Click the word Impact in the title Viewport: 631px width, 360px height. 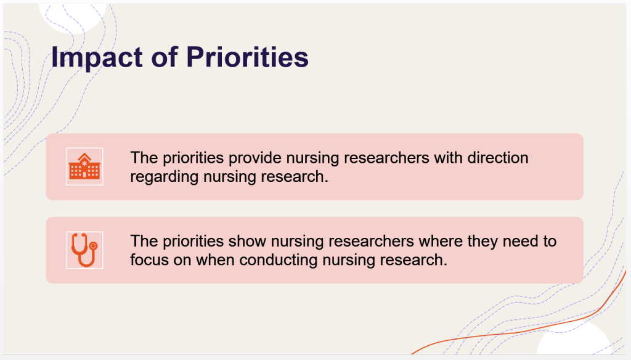[x=97, y=57]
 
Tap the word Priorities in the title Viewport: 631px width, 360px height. [x=248, y=57]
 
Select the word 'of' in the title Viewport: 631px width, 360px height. [x=165, y=57]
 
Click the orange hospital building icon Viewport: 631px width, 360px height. [x=84, y=166]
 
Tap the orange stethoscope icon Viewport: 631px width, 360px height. [x=84, y=250]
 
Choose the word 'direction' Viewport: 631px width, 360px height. [x=498, y=157]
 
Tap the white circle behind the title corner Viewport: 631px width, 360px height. [x=73, y=18]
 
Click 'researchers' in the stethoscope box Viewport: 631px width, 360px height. [x=372, y=241]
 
